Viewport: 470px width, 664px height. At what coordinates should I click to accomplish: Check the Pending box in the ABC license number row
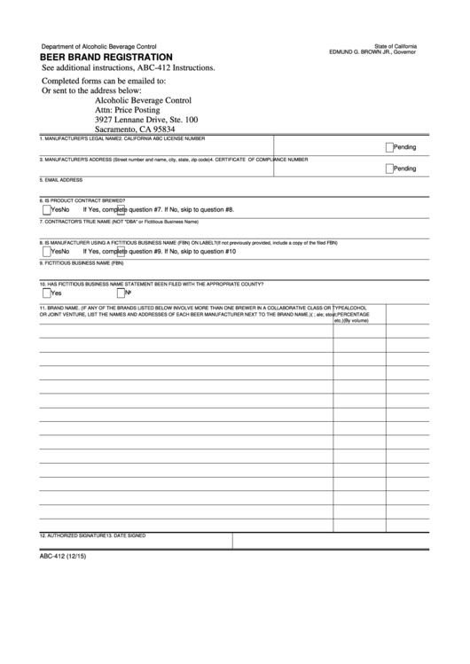[x=389, y=147]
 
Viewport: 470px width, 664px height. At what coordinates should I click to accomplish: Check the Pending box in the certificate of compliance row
[x=389, y=168]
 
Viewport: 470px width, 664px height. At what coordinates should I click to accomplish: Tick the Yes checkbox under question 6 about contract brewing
[x=47, y=209]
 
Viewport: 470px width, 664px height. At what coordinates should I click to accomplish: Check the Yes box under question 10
[x=46, y=292]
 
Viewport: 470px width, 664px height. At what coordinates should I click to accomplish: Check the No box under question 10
[x=121, y=292]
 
